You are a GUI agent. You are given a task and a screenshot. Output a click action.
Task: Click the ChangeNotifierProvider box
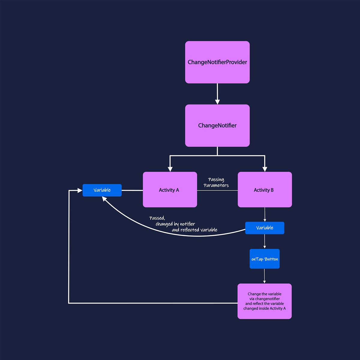217,62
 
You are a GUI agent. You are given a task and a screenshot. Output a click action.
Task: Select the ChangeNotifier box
217,125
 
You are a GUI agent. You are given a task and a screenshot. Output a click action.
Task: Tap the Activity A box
170,190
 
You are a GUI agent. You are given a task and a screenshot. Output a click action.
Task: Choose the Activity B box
265,190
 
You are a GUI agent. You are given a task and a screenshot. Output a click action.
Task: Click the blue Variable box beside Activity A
102,190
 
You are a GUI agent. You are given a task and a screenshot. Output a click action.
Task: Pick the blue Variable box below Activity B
265,228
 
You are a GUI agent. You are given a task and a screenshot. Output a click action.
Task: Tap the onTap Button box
265,259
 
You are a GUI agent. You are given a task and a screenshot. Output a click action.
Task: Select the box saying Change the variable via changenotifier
265,301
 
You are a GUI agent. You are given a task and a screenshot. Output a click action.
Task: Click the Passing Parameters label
216,182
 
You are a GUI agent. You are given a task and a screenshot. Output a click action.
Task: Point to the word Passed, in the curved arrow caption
157,218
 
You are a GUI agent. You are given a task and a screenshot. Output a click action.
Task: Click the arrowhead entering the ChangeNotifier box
217,102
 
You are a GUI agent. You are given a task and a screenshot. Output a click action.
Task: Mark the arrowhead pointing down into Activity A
170,169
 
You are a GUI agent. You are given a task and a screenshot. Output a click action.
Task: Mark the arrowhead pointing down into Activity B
265,169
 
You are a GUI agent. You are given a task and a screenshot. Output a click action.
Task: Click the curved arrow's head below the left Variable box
104,199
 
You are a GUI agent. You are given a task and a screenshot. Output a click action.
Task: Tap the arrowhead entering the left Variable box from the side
80,190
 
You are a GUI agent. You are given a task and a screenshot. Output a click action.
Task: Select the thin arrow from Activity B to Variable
265,214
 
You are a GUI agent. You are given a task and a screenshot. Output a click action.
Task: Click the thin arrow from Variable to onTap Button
265,241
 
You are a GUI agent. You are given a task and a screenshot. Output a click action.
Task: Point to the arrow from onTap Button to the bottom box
264,276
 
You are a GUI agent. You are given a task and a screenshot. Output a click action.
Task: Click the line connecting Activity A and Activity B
217,190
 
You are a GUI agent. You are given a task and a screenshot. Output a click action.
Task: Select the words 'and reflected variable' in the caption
194,230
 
